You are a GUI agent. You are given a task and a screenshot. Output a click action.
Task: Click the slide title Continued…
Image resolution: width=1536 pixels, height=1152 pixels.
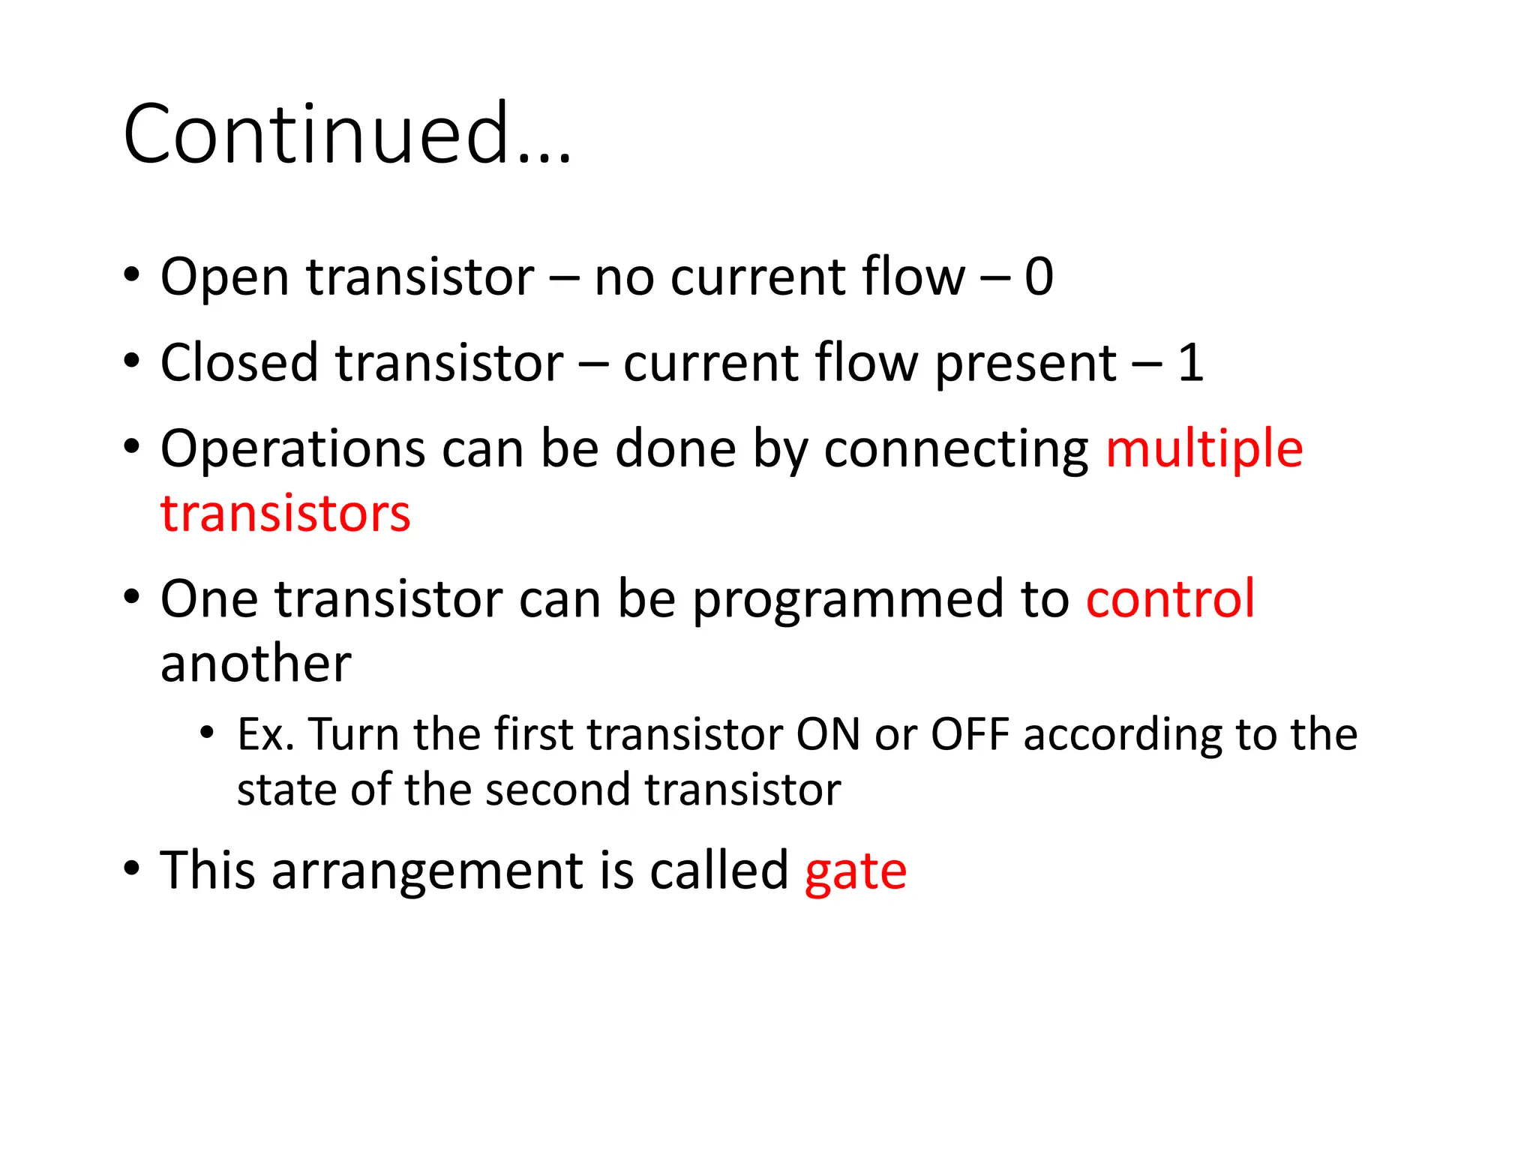346,135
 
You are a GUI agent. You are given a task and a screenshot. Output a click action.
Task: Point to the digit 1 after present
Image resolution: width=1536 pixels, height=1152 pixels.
1189,363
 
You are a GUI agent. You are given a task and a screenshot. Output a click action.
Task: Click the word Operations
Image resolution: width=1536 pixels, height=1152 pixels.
292,450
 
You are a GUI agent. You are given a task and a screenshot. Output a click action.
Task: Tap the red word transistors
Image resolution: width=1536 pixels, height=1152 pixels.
285,514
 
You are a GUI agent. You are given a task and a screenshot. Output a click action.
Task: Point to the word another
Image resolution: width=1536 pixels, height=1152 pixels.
255,664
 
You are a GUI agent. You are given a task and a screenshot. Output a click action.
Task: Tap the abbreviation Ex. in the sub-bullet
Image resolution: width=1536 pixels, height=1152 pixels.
265,734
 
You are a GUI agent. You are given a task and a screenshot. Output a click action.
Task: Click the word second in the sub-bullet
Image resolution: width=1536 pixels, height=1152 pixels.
558,790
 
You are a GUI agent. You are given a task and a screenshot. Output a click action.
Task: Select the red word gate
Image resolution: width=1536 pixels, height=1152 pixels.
855,873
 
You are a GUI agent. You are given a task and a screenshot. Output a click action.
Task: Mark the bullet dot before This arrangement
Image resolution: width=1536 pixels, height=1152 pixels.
132,868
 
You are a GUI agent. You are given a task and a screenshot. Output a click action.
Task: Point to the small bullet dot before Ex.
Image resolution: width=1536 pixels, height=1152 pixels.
207,732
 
